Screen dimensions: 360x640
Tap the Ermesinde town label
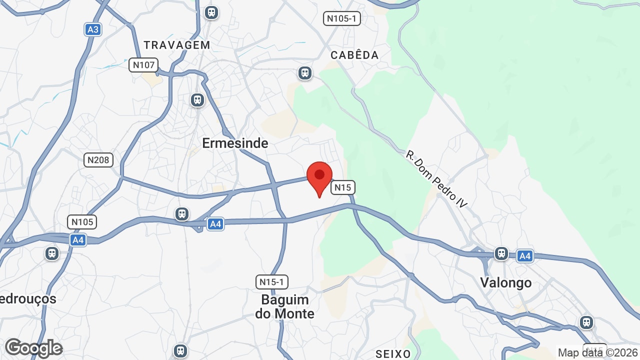tap(235, 143)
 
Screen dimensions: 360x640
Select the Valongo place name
tap(506, 282)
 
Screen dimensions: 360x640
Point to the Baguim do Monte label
tap(285, 306)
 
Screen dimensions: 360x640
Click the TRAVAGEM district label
tap(177, 45)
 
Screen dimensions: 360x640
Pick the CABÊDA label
tap(354, 55)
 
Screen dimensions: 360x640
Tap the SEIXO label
tap(393, 354)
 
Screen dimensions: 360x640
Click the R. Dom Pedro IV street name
tap(436, 179)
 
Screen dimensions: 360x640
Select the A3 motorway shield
tap(93, 29)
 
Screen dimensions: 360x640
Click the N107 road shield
tap(143, 65)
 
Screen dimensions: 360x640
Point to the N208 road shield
tap(98, 160)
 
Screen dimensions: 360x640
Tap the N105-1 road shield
tap(342, 19)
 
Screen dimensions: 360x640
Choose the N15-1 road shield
tap(272, 282)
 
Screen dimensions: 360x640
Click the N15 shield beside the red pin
tap(343, 187)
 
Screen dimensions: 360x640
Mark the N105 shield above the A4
tap(82, 222)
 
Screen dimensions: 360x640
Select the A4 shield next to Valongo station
tap(524, 256)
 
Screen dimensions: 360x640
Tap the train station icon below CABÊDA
tap(305, 73)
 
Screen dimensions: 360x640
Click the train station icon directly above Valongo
tap(501, 253)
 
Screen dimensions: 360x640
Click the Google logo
tap(33, 348)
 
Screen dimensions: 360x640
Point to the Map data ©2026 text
tap(598, 352)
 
